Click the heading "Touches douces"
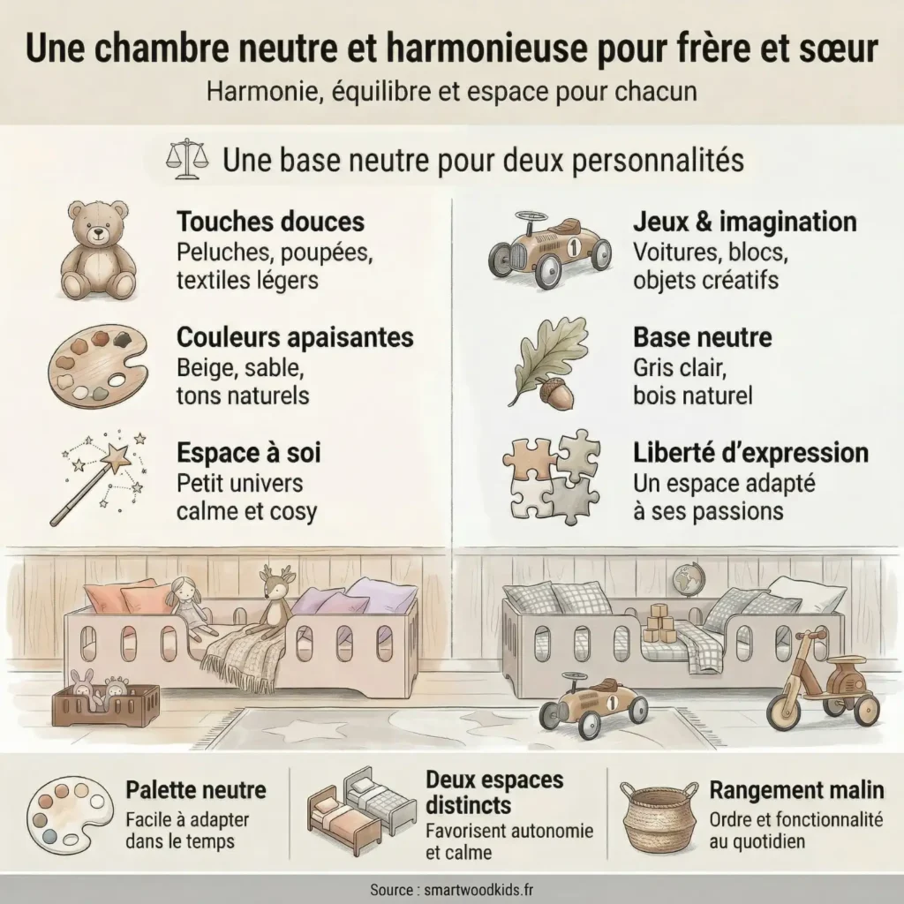[270, 221]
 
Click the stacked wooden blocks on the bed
[659, 623]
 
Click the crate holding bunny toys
[105, 703]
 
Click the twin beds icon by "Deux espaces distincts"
[360, 810]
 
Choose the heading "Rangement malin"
[796, 789]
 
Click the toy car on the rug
[592, 703]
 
